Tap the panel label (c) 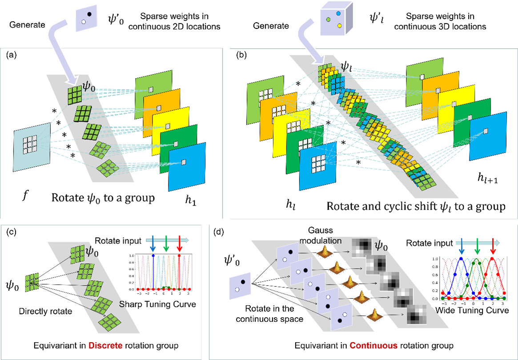coord(12,232)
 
